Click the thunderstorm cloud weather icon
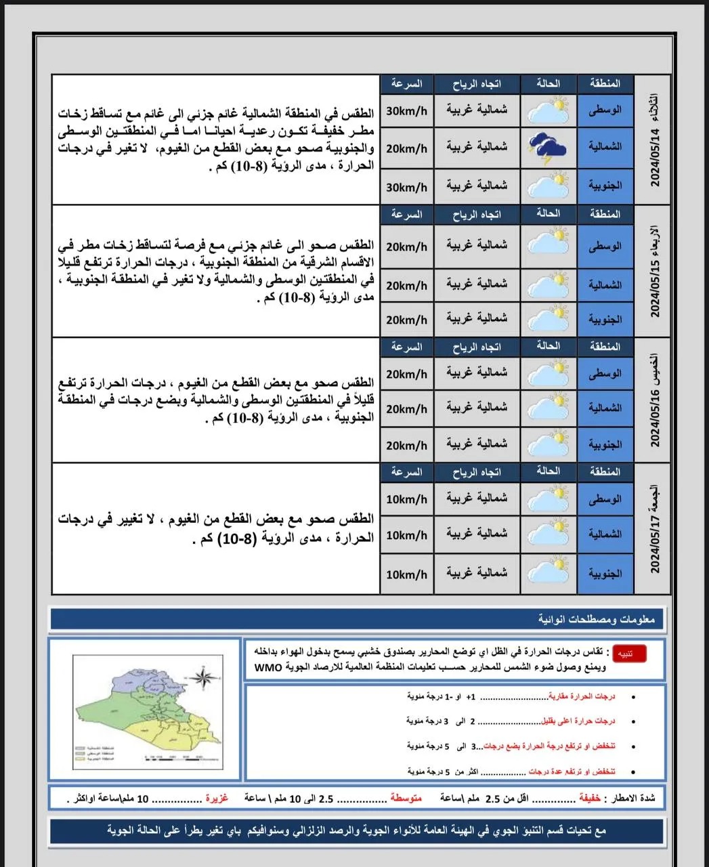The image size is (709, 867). point(549,147)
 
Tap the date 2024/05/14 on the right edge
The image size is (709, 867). point(655,158)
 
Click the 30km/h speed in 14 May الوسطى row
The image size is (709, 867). point(406,111)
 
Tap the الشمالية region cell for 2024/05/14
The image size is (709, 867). point(605,147)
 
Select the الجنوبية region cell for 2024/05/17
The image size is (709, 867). point(605,574)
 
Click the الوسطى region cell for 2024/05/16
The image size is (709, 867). point(605,374)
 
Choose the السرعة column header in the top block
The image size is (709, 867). point(406,84)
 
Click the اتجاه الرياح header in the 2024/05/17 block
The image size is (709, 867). point(477,472)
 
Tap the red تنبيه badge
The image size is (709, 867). point(628,654)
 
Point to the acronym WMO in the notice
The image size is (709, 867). point(267,667)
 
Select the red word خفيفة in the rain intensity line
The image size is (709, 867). point(590,799)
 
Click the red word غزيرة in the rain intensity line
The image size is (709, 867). point(217,799)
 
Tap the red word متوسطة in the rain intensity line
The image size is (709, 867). point(406,799)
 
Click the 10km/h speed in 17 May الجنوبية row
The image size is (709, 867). point(406,574)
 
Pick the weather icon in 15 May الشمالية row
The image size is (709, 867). point(549,284)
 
